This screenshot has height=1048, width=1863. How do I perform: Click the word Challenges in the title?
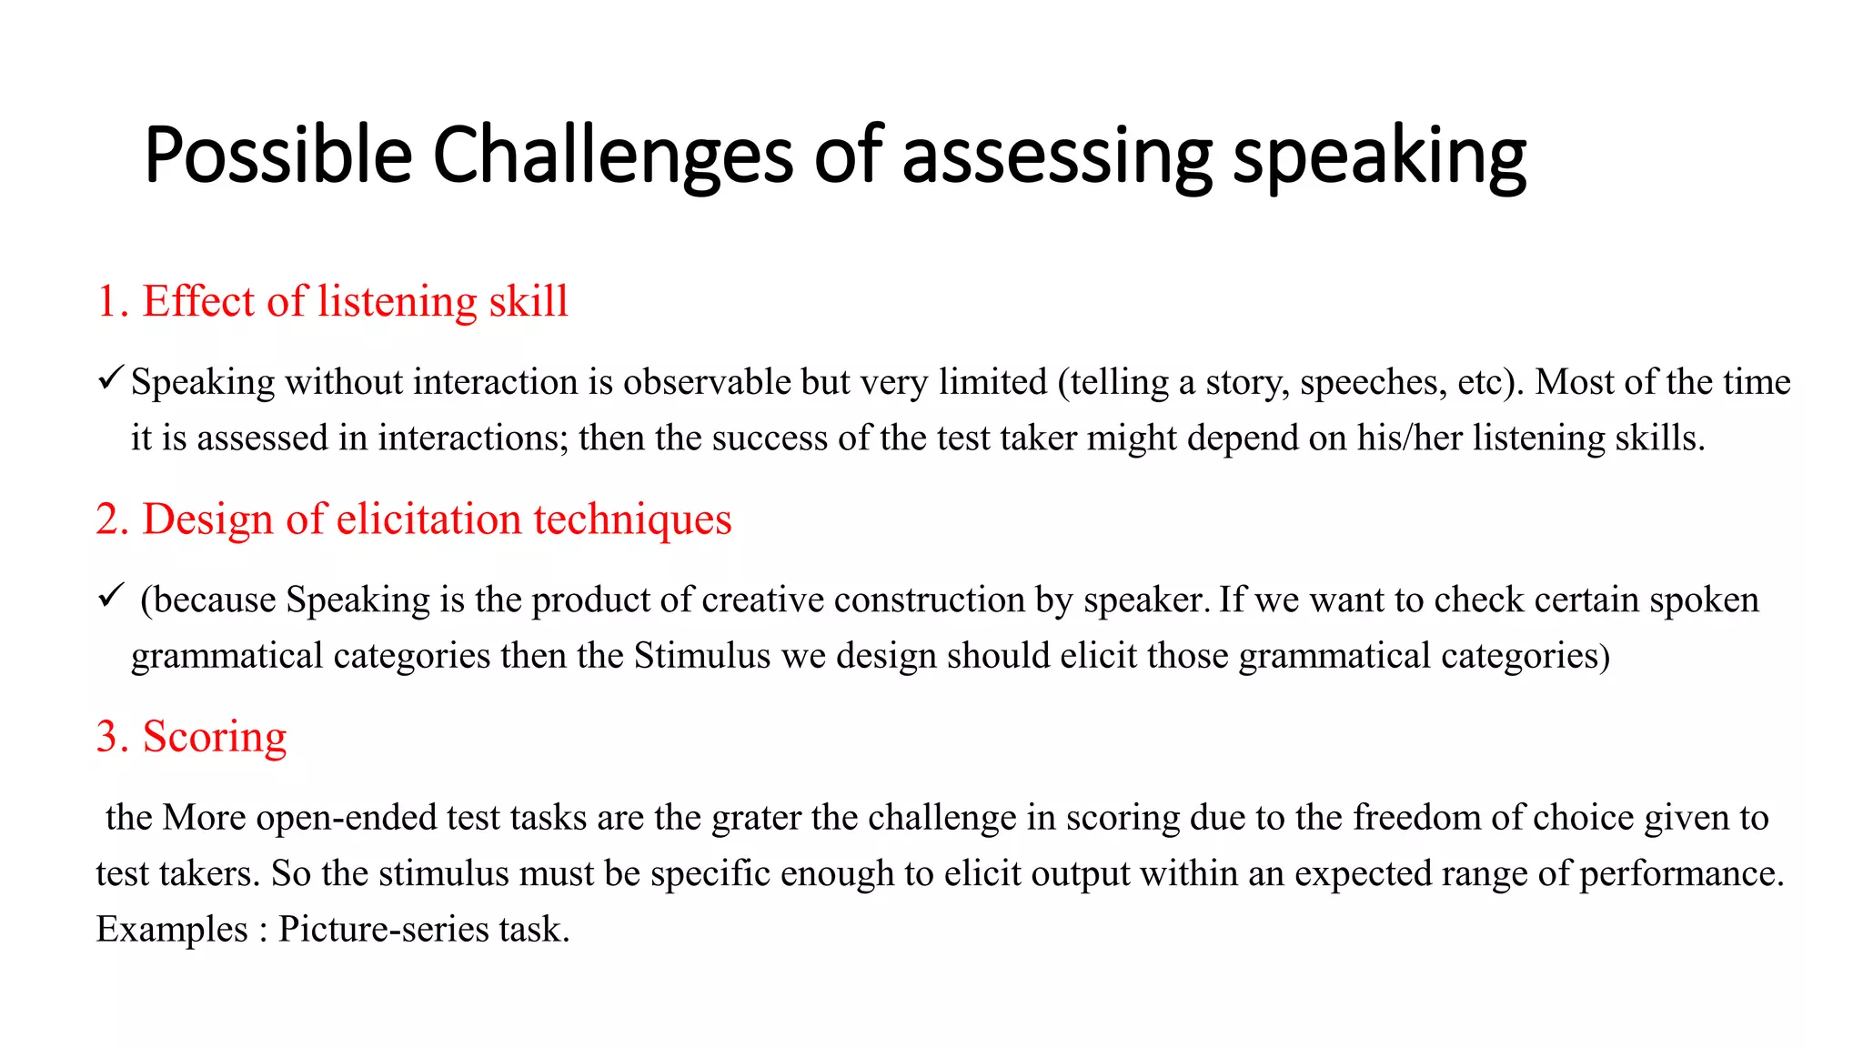coord(612,156)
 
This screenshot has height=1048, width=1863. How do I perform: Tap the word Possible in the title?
coord(278,156)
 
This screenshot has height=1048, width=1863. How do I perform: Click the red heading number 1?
coord(107,302)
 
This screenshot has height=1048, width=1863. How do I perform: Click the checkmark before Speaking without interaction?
coord(110,378)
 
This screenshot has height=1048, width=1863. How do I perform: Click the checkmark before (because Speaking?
coord(110,596)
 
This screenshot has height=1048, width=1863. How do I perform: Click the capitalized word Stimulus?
coord(702,656)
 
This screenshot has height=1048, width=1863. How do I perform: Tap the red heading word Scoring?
coord(215,737)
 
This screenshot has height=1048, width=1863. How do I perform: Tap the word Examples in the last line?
coord(172,930)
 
